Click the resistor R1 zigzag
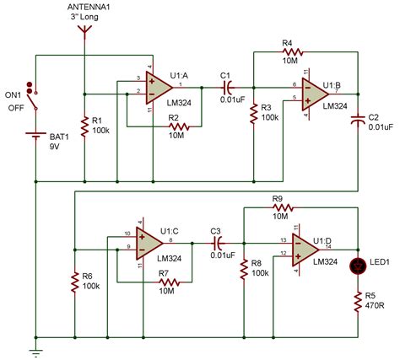click(x=84, y=127)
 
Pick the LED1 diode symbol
click(x=360, y=264)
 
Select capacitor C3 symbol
click(x=217, y=242)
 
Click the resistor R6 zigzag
click(x=75, y=282)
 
